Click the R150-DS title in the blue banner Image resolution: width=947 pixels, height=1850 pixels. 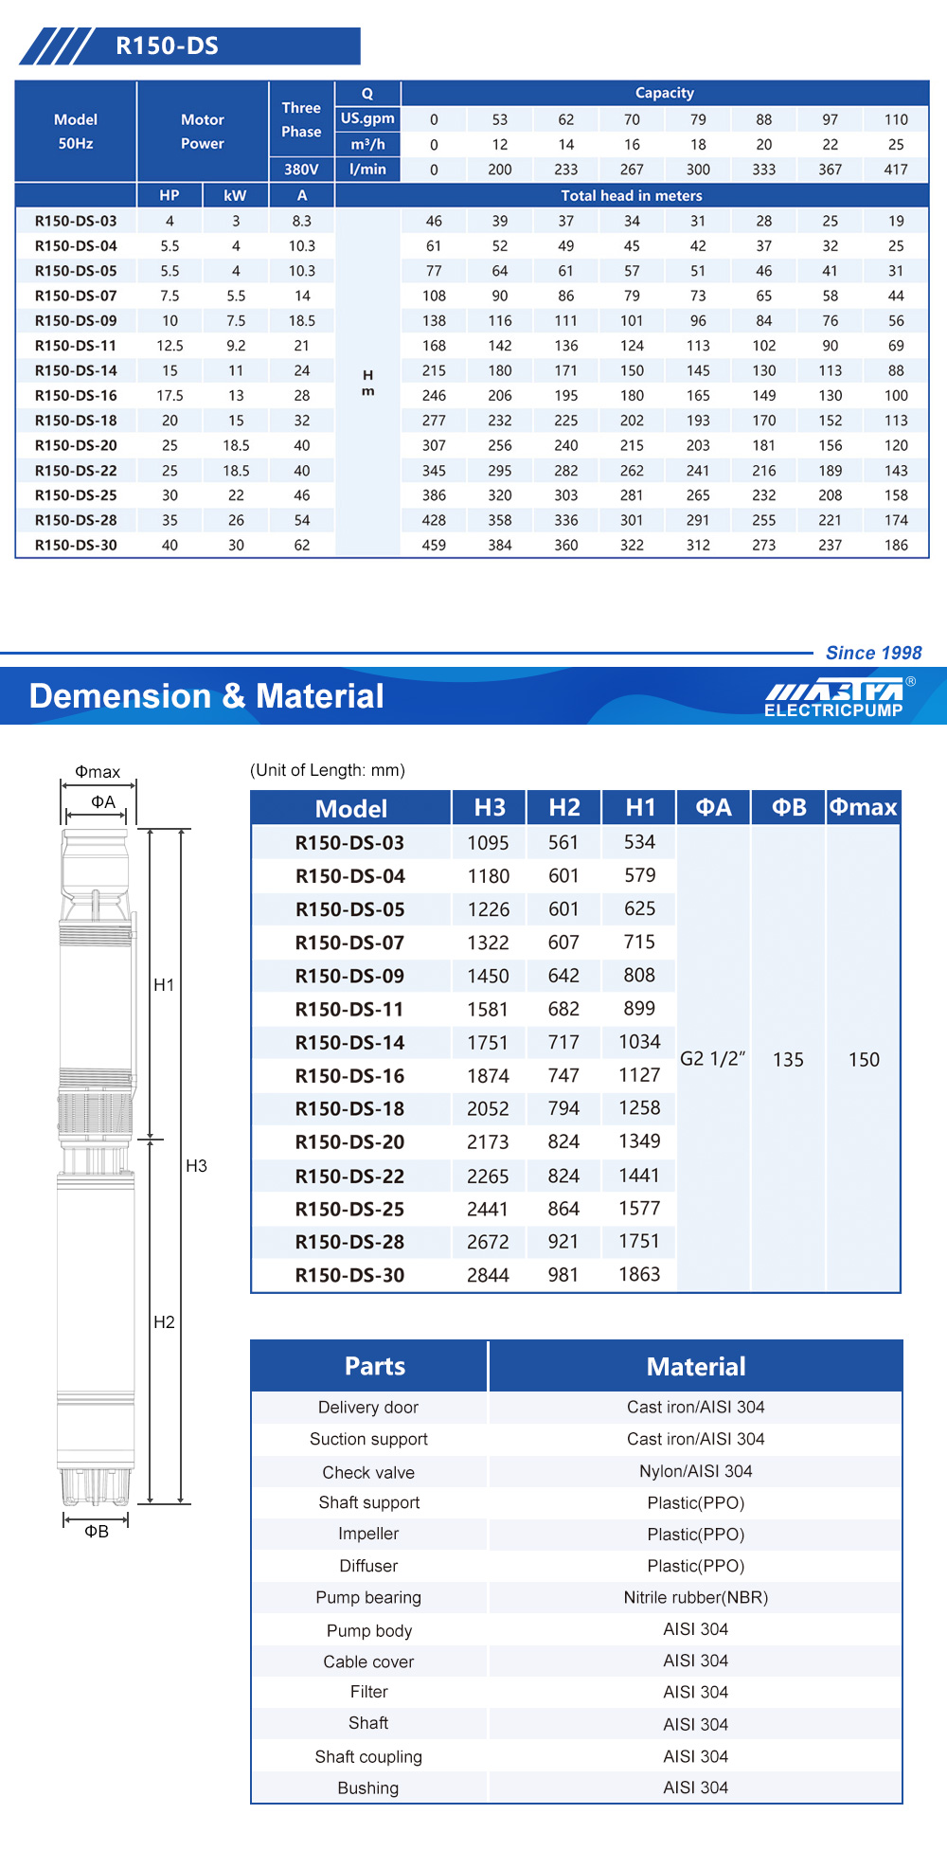pos(167,45)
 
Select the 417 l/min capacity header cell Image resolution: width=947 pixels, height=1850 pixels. pos(895,170)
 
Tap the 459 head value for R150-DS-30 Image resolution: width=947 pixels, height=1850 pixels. pos(434,546)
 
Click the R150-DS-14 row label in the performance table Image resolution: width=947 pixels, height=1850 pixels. pos(76,370)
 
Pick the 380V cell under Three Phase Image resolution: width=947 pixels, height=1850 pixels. pos(301,170)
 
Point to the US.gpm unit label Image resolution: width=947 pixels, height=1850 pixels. pos(367,118)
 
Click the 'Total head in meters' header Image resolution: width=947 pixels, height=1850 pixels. pos(632,196)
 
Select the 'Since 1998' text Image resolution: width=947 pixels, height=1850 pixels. pos(873,653)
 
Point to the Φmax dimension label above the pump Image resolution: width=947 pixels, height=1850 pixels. pos(98,772)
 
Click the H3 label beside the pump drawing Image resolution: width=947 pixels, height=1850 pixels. pos(196,1166)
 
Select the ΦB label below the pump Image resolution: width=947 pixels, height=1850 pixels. pos(97,1532)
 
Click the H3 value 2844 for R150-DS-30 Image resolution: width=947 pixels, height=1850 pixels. pos(488,1276)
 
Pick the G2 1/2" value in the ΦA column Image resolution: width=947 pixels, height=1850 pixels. pos(713,1059)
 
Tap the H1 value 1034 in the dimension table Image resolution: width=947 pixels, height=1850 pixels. pos(639,1042)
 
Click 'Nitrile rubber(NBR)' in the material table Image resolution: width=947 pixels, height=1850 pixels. pos(695,1598)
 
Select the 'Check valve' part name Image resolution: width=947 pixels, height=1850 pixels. pos(368,1472)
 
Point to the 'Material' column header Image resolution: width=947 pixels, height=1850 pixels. pos(695,1366)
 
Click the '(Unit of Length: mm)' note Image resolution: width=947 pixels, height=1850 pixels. pos(328,770)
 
